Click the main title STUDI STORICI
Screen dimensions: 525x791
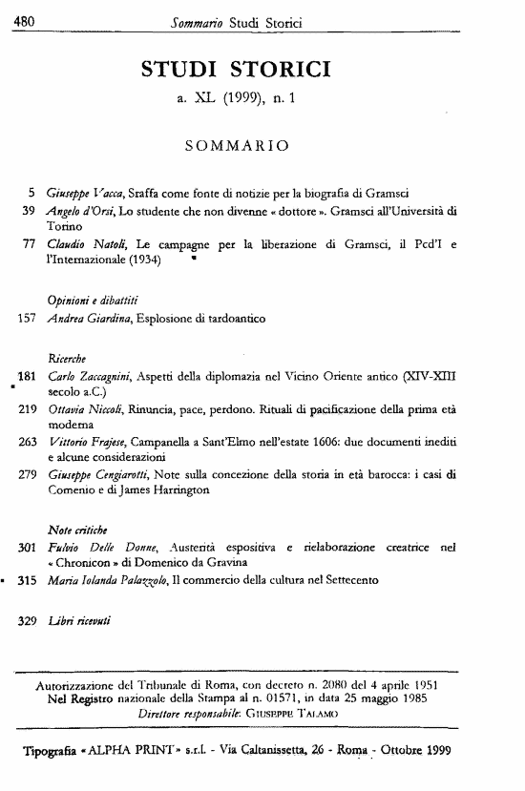(x=236, y=68)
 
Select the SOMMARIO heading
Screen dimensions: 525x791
(x=239, y=146)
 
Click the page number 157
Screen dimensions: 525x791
(x=27, y=316)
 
